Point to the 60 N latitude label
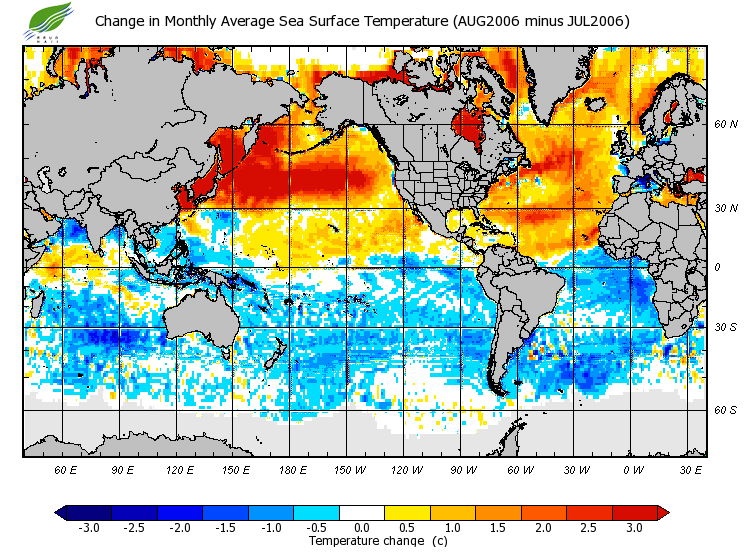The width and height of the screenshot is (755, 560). pyautogui.click(x=726, y=125)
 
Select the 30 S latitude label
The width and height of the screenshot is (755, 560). pyautogui.click(x=726, y=327)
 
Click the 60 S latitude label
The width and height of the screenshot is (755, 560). pyautogui.click(x=726, y=410)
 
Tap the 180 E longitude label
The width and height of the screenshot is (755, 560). pyautogui.click(x=292, y=469)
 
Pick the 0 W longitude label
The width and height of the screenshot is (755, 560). pyautogui.click(x=633, y=469)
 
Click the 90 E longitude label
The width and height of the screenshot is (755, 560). pyautogui.click(x=122, y=469)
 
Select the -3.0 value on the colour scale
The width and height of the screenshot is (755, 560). pyautogui.click(x=88, y=528)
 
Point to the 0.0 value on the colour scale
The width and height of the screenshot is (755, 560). pyautogui.click(x=362, y=528)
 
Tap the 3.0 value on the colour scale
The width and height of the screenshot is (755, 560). pyautogui.click(x=634, y=528)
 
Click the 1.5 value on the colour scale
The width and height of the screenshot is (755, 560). pyautogui.click(x=498, y=528)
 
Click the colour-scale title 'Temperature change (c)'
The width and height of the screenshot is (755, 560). pyautogui.click(x=363, y=541)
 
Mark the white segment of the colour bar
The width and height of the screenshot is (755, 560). pyautogui.click(x=362, y=513)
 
